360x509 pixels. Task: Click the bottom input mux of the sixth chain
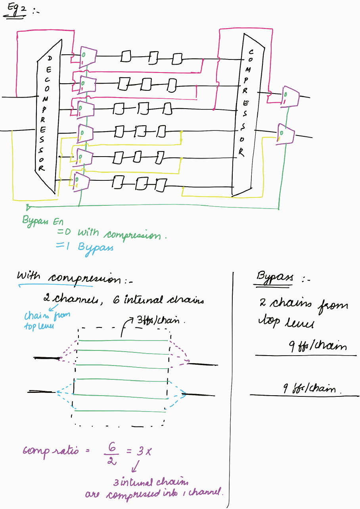pos(81,180)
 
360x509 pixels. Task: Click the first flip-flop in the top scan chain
pos(126,57)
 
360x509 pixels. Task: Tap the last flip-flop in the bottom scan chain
pos(161,184)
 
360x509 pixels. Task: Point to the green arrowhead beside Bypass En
pos(28,207)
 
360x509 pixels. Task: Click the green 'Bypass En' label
pos(42,221)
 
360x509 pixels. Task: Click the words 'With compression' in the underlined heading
pos(67,278)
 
